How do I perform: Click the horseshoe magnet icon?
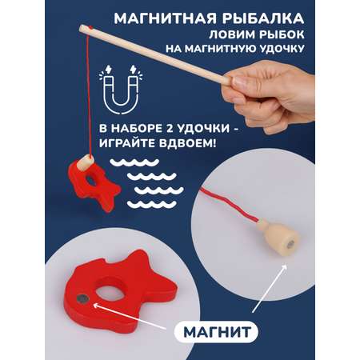121,90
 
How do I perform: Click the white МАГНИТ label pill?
216,332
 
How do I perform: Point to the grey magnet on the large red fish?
82,298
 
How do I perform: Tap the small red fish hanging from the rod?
93,184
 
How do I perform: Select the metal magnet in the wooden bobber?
291,243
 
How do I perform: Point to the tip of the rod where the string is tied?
82,28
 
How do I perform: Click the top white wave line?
134,162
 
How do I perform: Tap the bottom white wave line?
152,205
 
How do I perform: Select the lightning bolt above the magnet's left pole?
109,70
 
